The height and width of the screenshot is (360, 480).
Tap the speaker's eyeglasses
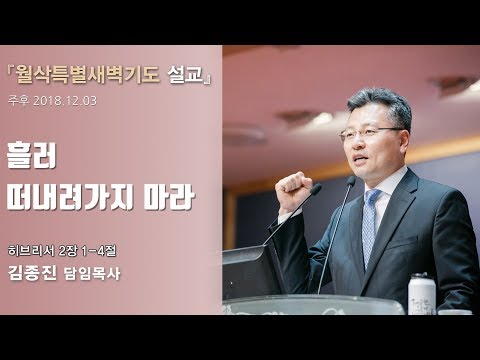click(357, 132)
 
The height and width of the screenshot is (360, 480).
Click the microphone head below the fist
click(314, 190)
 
